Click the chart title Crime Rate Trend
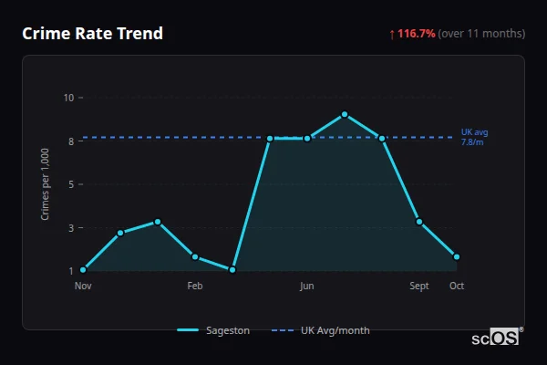click(92, 34)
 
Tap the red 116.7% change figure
click(417, 34)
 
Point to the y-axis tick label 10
click(68, 97)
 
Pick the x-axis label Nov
click(83, 286)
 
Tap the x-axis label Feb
click(195, 286)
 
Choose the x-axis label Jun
click(307, 286)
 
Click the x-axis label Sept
click(419, 286)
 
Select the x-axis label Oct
click(457, 286)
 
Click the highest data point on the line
click(345, 114)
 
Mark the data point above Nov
click(83, 270)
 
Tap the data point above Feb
click(195, 256)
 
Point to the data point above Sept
click(419, 222)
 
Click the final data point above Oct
click(457, 256)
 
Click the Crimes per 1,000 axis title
click(45, 185)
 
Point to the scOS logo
click(496, 338)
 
